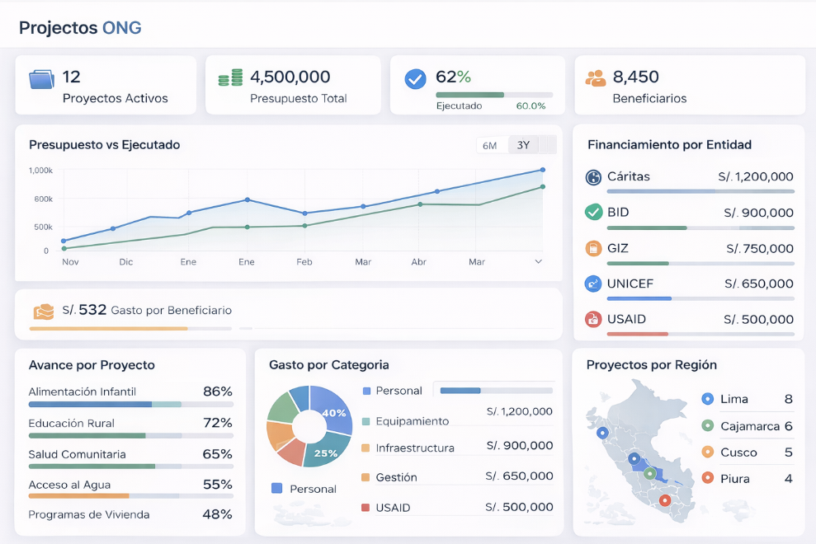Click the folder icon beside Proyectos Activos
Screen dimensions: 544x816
tap(41, 79)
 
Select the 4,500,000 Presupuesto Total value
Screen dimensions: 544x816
tap(290, 77)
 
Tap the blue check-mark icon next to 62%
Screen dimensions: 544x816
tap(415, 79)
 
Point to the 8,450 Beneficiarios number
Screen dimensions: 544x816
tap(635, 77)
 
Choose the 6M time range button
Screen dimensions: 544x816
tap(489, 146)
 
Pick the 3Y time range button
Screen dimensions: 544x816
tap(523, 146)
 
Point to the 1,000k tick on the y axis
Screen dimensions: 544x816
tap(40, 171)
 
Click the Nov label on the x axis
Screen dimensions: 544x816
tap(70, 262)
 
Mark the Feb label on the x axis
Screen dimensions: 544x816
tap(304, 262)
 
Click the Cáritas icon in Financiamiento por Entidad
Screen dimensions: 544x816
tap(593, 177)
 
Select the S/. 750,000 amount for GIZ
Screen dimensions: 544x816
tap(759, 248)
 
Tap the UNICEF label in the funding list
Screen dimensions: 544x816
tap(630, 284)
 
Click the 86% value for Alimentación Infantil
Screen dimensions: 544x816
tap(217, 392)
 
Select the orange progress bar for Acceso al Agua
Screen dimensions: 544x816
tap(79, 495)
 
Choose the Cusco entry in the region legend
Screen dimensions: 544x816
tap(738, 453)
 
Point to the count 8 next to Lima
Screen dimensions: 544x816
tap(788, 400)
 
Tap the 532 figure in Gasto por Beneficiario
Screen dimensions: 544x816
tap(92, 310)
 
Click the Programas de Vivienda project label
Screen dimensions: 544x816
tap(89, 514)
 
